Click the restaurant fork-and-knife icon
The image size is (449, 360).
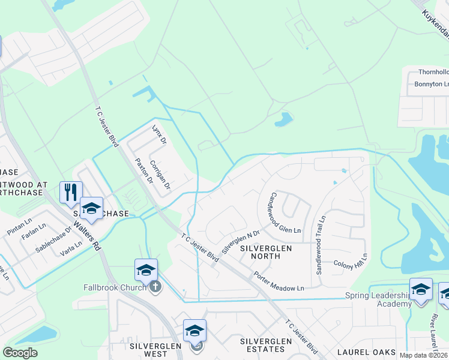(x=71, y=192)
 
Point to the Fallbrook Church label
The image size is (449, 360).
(x=114, y=287)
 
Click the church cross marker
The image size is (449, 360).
(x=155, y=286)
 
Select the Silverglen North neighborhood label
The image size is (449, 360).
(x=266, y=251)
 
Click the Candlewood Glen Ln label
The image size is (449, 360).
(x=285, y=214)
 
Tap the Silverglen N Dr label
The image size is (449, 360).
(x=240, y=242)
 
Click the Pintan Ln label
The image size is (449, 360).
(x=19, y=230)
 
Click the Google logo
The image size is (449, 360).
(x=20, y=353)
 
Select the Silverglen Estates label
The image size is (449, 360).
(x=262, y=345)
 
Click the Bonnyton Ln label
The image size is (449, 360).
(x=431, y=84)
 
